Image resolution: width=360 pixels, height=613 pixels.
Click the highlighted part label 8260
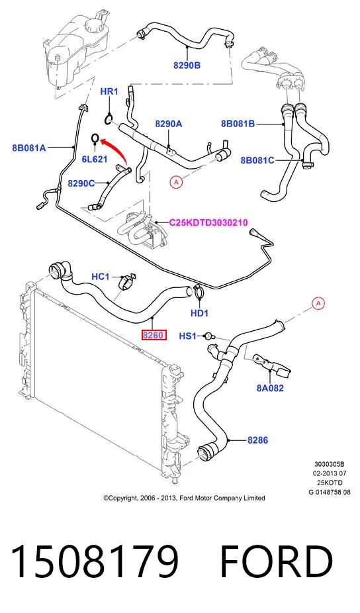point(154,335)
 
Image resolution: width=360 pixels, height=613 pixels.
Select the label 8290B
point(187,66)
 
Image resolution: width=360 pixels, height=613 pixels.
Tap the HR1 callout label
point(109,91)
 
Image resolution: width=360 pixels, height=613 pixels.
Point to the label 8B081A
point(29,148)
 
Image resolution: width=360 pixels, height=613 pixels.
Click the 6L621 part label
point(94,159)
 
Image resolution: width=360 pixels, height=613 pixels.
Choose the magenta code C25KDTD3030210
point(208,223)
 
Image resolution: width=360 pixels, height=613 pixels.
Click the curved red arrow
point(116,150)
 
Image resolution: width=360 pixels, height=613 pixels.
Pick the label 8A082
point(270,388)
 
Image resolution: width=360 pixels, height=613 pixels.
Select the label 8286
point(257,440)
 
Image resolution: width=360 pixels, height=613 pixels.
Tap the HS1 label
point(188,336)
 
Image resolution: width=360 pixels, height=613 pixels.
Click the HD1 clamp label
point(199,312)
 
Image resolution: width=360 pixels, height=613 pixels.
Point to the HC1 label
point(101,277)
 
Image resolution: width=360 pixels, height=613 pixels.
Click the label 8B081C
point(257,160)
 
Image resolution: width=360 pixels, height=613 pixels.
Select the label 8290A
point(169,124)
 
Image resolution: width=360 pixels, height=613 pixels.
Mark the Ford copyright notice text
point(184,498)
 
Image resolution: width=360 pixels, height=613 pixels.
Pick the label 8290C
point(81,183)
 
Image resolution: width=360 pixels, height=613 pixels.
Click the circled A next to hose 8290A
point(176,182)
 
